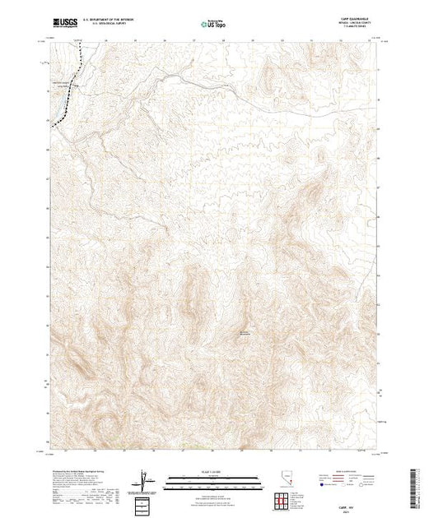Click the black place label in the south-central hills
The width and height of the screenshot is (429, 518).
pos(245,332)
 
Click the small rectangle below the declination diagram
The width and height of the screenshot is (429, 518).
pos(146,502)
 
